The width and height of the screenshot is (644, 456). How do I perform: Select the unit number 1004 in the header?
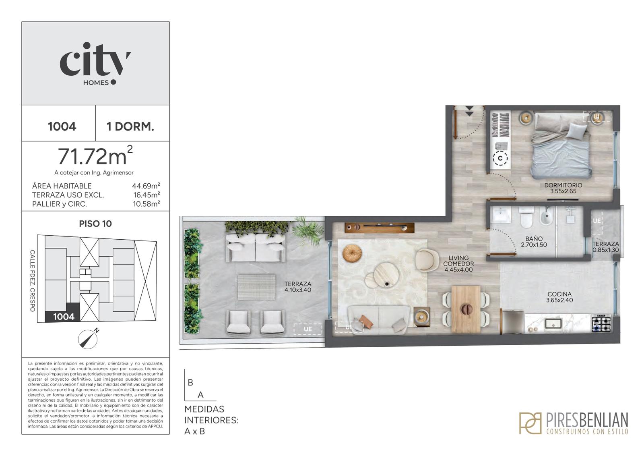click(62, 126)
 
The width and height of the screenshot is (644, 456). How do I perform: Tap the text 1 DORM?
click(130, 126)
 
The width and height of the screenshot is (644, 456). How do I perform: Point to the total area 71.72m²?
click(95, 155)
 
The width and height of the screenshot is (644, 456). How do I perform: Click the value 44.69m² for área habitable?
click(146, 186)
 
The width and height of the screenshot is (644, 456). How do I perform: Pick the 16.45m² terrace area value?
click(147, 195)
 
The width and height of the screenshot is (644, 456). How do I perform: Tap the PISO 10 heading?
click(95, 224)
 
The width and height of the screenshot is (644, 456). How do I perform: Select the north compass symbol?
click(88, 338)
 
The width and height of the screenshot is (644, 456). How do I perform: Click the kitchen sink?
click(553, 323)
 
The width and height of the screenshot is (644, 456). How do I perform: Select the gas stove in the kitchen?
click(602, 323)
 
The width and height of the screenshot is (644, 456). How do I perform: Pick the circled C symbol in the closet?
click(500, 158)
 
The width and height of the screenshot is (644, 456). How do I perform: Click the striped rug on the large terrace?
click(256, 287)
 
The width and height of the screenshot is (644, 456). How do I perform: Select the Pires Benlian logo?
click(573, 423)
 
